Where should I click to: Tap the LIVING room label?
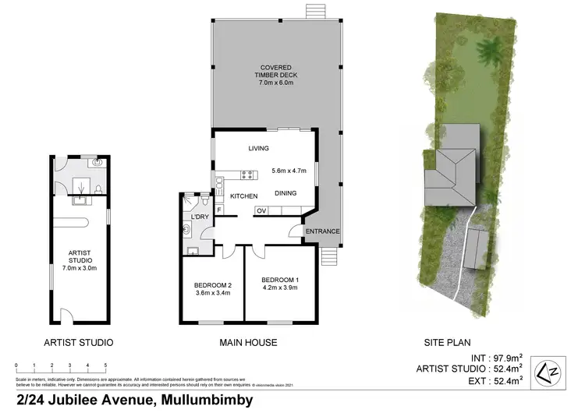(258, 148)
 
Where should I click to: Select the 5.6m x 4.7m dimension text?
(289, 171)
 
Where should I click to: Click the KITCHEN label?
(243, 196)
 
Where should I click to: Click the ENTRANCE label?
(321, 231)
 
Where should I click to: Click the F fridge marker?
(221, 209)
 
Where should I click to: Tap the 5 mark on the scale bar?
(105, 365)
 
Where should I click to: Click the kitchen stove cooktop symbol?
(246, 175)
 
